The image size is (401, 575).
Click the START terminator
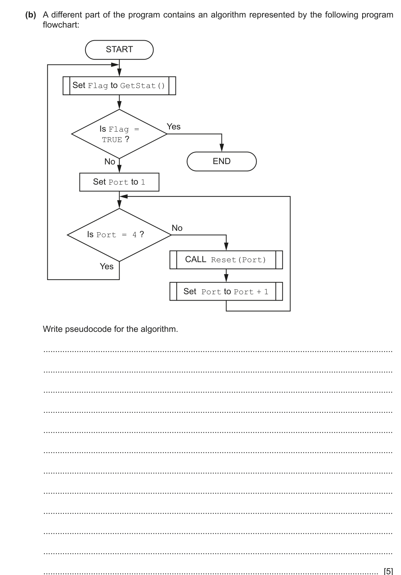119,50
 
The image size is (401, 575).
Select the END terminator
221,161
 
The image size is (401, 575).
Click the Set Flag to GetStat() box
119,86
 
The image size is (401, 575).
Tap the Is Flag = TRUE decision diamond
119,134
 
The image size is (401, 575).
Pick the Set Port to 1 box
119,182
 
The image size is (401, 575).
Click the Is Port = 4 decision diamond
119,235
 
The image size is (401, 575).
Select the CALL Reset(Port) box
226,260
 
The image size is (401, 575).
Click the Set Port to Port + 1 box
226,292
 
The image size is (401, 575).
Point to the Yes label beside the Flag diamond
174,127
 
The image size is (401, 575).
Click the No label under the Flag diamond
110,162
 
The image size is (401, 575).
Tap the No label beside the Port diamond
177,228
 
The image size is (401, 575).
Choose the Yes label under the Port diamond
106,266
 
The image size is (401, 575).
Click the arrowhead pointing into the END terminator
221,148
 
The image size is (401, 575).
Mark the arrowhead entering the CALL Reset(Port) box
226,247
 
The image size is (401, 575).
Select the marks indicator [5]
388,571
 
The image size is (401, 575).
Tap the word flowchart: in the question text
61,25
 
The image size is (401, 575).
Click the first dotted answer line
218,351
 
